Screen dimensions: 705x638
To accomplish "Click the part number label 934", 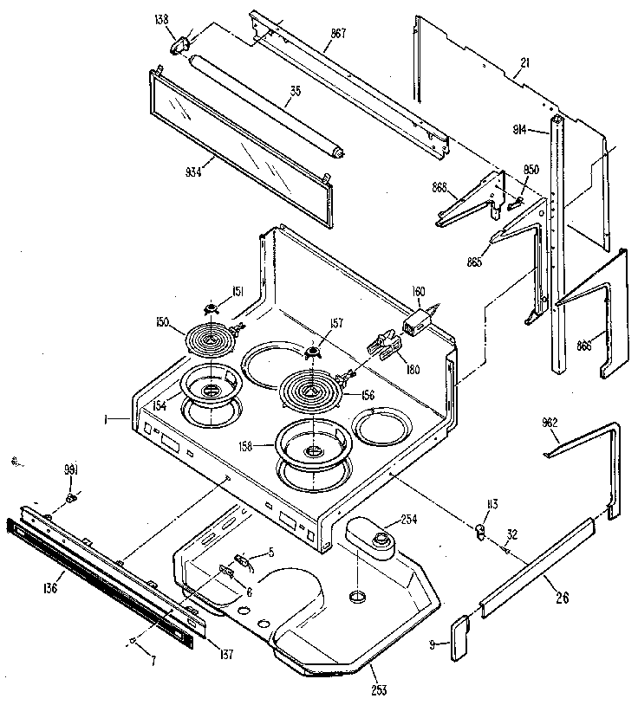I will coord(193,171).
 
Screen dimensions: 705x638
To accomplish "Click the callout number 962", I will coord(550,423).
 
